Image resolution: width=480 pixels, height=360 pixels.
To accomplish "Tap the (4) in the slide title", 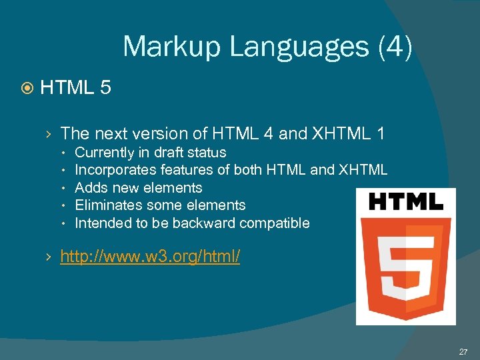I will click(x=395, y=47).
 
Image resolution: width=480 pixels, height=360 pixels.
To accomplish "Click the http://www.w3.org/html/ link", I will click(x=150, y=256).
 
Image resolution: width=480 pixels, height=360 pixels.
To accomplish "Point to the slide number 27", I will click(x=463, y=351).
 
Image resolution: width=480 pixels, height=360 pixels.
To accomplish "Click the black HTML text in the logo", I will click(x=405, y=202).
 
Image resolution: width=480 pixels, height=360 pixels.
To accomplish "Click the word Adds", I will click(x=90, y=187).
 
